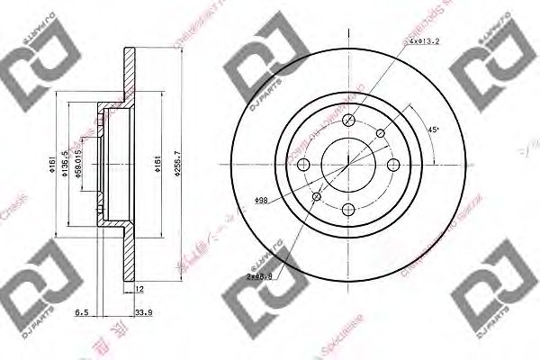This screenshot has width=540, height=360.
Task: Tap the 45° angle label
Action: click(434, 130)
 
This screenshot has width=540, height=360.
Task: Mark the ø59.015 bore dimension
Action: click(80, 166)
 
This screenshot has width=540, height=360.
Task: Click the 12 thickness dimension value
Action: click(139, 289)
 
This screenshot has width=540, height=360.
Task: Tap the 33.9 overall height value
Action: click(142, 314)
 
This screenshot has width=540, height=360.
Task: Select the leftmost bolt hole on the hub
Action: click(304, 165)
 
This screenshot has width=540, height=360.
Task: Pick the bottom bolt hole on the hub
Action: click(348, 209)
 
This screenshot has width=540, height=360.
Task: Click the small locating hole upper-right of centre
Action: click(381, 132)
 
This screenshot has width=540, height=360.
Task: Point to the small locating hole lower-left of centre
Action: click(316, 197)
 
